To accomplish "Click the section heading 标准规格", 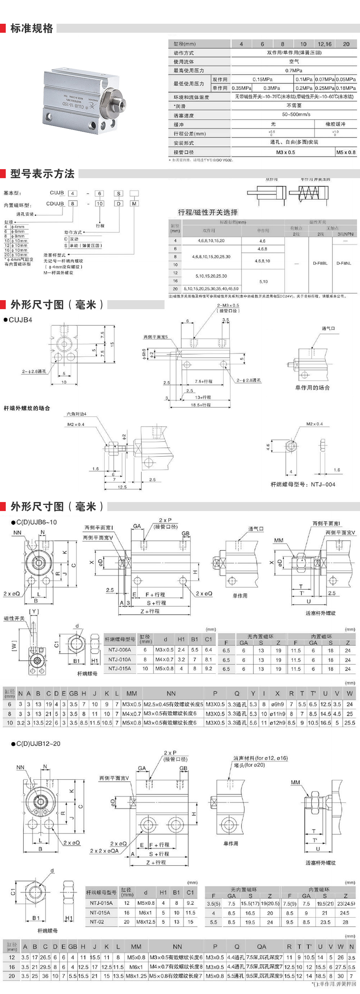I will click(32, 28).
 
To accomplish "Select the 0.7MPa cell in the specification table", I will click(294, 70).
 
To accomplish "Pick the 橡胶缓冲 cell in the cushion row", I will click(335, 124).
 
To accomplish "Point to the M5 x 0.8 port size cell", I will click(346, 152).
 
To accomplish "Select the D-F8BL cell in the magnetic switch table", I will click(320, 263).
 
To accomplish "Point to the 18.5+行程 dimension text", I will click(201, 405).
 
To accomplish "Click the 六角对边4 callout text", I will click(76, 414).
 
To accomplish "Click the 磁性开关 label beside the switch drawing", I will click(14, 619).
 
